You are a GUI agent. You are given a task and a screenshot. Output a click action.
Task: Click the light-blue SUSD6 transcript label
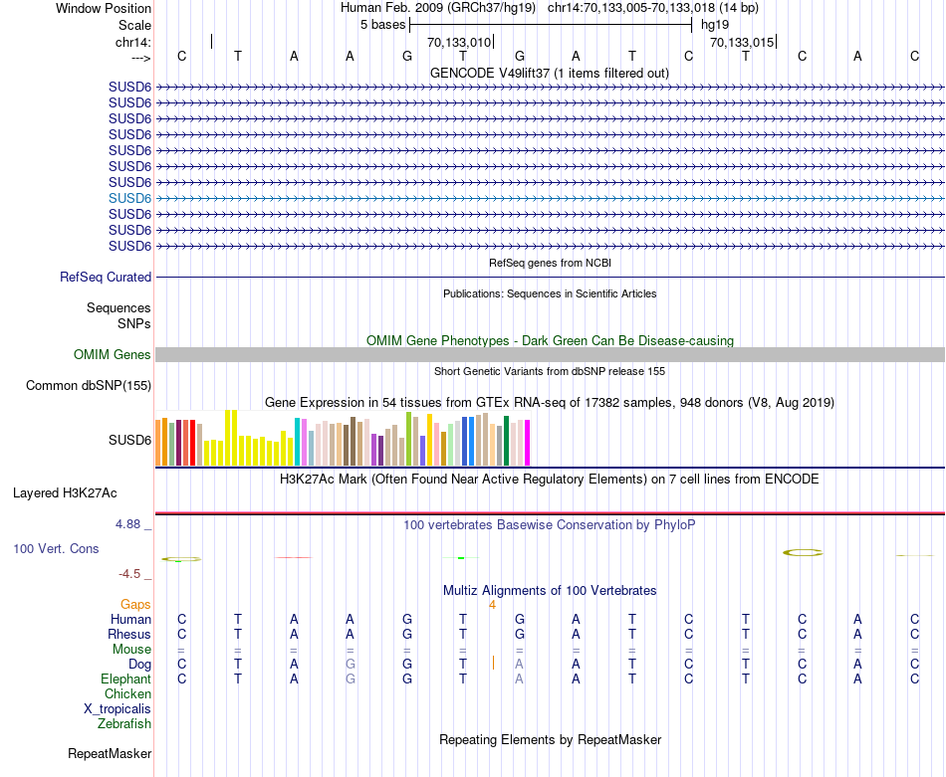click(129, 198)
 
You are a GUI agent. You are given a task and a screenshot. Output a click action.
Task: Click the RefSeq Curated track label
click(106, 278)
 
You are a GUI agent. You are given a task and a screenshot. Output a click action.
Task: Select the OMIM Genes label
click(113, 355)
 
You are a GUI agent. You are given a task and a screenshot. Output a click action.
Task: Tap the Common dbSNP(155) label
click(89, 386)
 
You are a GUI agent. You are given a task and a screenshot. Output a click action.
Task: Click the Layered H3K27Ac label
click(65, 492)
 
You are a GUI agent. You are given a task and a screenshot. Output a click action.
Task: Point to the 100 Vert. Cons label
click(56, 548)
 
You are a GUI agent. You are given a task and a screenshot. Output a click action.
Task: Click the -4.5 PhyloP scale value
click(130, 574)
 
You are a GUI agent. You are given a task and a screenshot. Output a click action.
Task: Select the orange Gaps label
click(135, 604)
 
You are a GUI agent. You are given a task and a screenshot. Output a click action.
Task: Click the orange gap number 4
click(492, 604)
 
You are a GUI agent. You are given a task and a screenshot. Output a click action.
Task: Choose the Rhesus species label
click(129, 634)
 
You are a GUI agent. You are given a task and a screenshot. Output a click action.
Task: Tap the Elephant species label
click(126, 679)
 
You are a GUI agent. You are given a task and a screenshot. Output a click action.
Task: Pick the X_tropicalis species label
click(118, 708)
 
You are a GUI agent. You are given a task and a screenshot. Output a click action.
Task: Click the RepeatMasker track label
click(110, 754)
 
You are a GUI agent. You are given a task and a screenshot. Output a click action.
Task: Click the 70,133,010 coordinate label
click(459, 43)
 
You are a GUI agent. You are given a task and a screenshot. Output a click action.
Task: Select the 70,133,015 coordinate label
click(742, 43)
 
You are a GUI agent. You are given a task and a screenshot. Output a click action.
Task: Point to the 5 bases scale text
click(382, 24)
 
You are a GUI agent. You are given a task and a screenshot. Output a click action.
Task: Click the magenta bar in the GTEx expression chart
click(527, 443)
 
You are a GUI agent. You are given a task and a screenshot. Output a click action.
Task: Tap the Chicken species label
click(127, 693)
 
